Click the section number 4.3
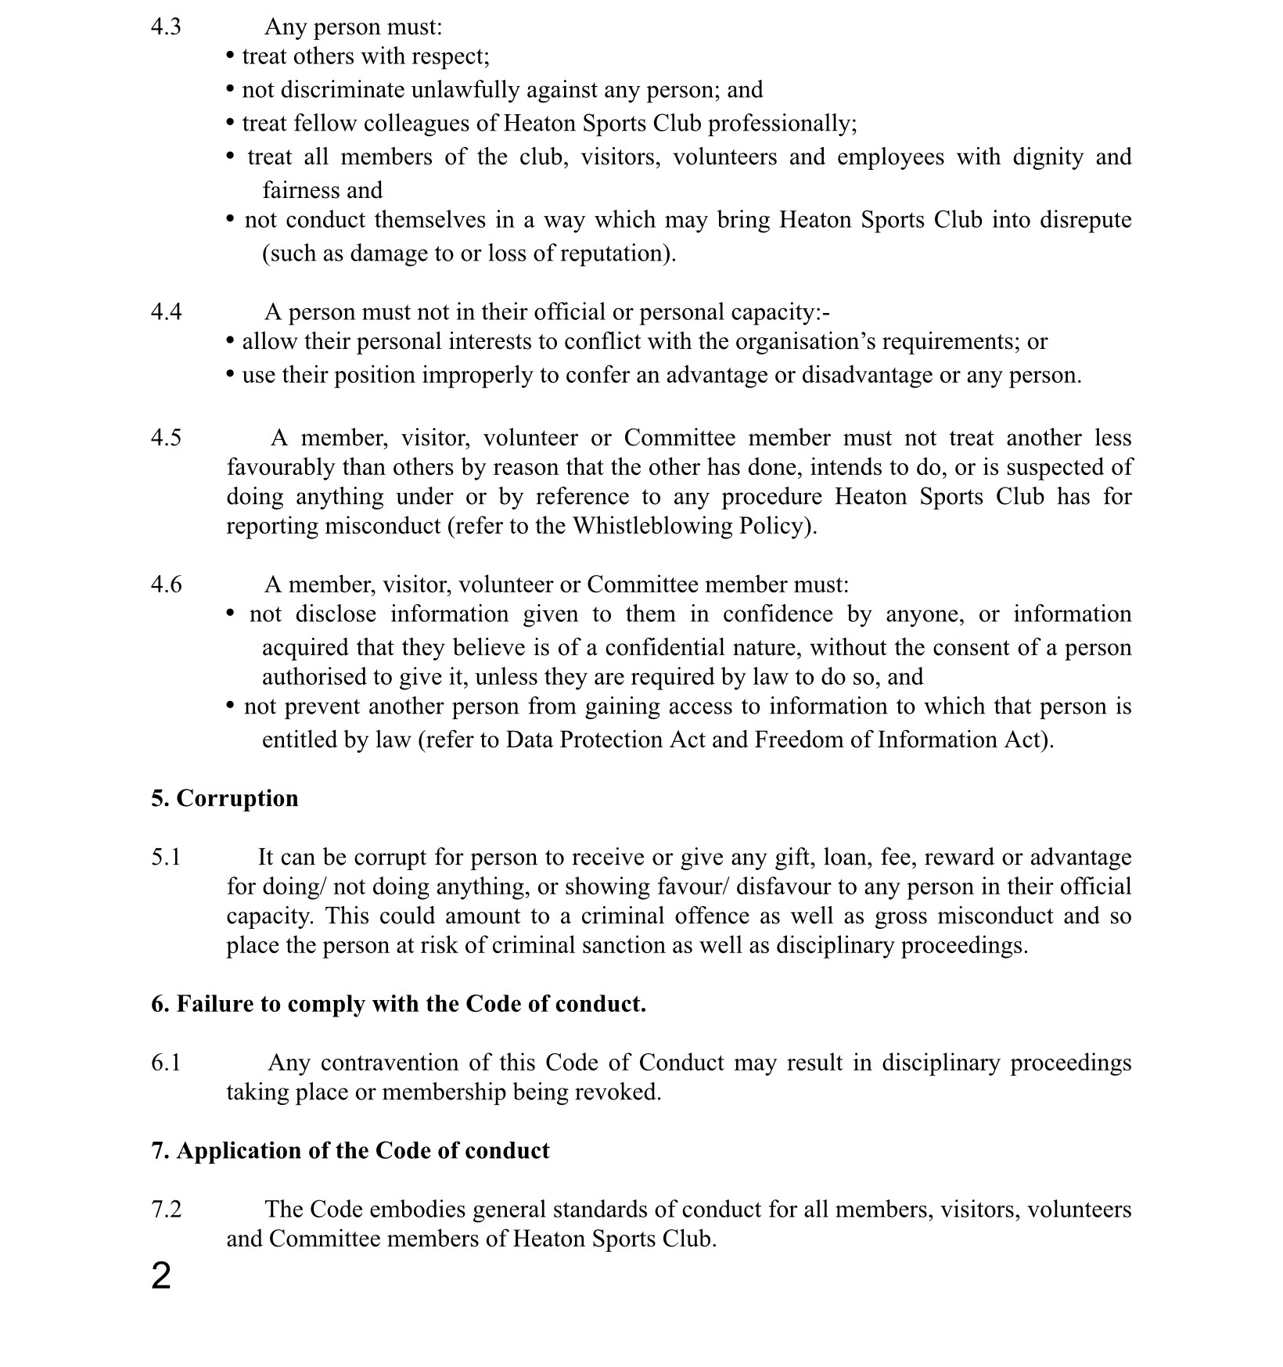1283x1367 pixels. click(x=166, y=27)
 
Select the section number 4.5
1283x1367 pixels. click(x=166, y=437)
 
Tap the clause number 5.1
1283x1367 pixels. click(x=166, y=857)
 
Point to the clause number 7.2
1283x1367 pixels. click(x=166, y=1209)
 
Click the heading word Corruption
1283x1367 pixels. click(x=237, y=798)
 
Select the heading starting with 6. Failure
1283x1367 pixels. click(x=398, y=1003)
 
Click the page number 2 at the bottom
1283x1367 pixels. click(x=160, y=1276)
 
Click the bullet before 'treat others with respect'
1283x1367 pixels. click(x=230, y=56)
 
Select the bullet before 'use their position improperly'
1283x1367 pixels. click(x=230, y=375)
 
